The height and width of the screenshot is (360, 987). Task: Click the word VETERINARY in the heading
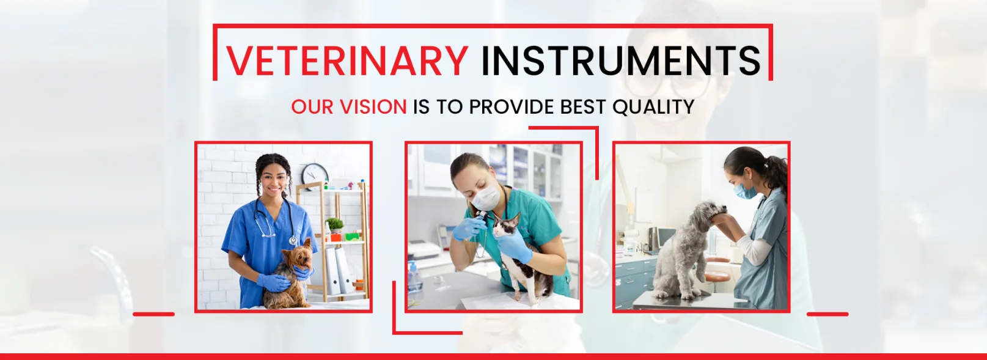[x=347, y=61]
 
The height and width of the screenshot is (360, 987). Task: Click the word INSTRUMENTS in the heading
[x=622, y=61]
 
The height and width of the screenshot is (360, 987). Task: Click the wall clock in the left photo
[x=315, y=175]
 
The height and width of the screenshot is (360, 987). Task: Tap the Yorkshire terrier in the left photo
[x=289, y=274]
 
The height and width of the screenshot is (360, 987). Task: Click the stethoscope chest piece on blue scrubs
[x=293, y=240]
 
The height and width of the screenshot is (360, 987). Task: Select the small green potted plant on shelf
[x=335, y=225]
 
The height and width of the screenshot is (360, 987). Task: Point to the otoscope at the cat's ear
[x=483, y=218]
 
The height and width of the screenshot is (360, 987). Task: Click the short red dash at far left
[x=154, y=314]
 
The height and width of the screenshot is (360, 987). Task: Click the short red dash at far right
[x=827, y=314]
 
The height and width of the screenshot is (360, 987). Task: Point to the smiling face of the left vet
[x=273, y=181]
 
